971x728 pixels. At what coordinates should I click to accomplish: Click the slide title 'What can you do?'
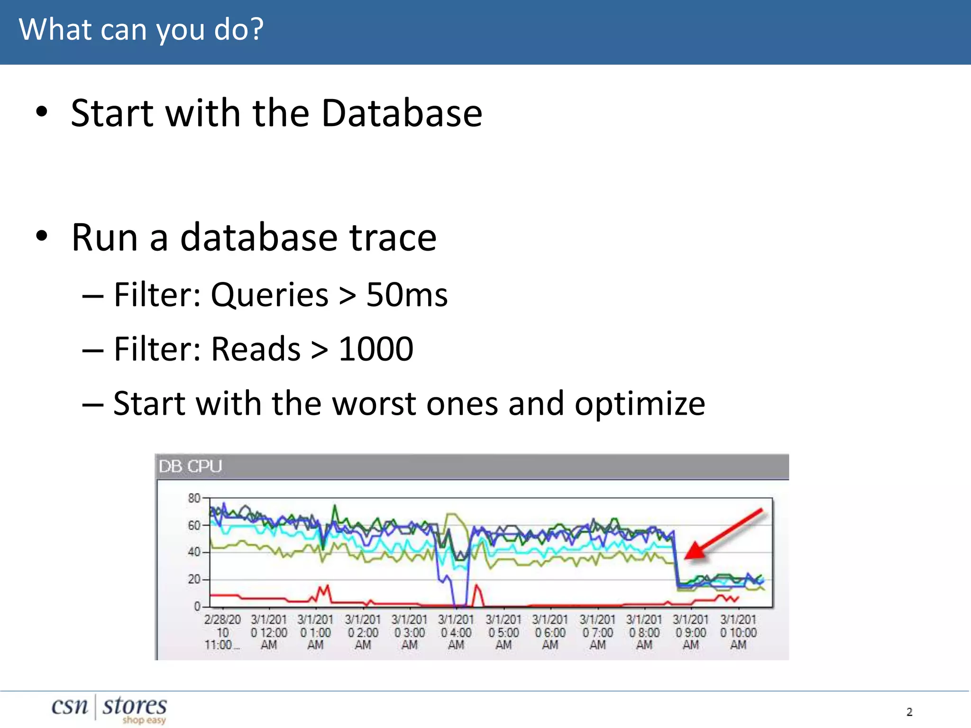tap(141, 29)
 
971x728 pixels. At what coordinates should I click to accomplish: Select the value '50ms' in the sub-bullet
tap(407, 295)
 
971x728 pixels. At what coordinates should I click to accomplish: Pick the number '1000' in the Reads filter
tap(376, 349)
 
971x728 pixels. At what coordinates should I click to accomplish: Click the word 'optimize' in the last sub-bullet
tap(640, 404)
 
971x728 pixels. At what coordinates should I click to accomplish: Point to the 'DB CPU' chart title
tap(190, 466)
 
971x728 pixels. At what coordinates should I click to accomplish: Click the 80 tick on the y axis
tap(194, 498)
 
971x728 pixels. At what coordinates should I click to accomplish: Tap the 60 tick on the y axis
tap(194, 525)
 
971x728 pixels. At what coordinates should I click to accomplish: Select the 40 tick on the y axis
tap(194, 552)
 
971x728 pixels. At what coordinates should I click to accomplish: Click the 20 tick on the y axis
tap(194, 579)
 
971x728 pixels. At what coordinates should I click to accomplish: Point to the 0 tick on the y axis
tap(197, 606)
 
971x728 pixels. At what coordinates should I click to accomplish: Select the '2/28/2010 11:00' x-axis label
tap(222, 632)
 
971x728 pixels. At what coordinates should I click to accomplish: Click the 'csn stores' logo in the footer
tap(109, 708)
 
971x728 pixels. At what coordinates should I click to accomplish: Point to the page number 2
tap(909, 711)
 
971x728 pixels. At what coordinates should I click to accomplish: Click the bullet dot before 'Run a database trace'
tap(42, 236)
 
